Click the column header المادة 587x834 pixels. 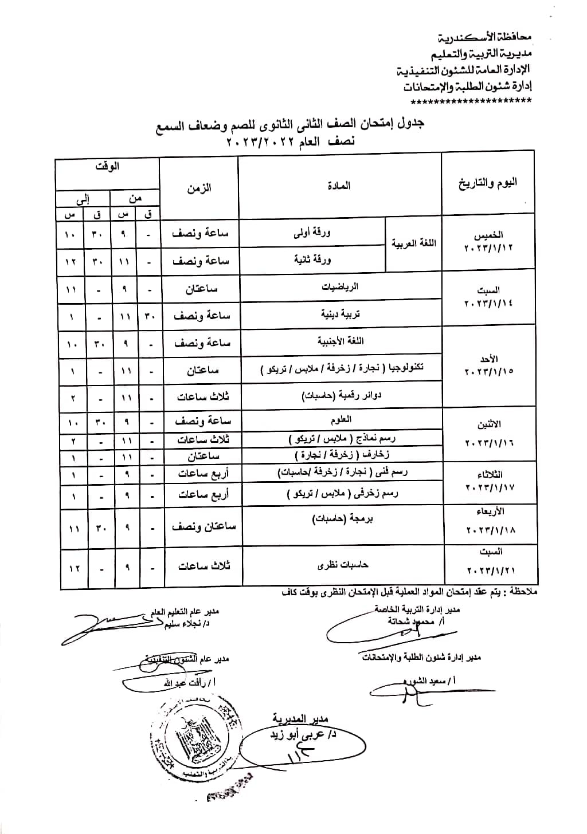[x=339, y=186]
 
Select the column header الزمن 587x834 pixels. [x=199, y=188]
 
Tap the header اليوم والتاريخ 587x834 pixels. [x=488, y=183]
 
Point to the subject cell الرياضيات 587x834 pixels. [x=340, y=287]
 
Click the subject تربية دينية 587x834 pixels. [x=340, y=314]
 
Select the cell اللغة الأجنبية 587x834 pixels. [x=341, y=341]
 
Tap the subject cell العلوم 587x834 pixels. [x=341, y=420]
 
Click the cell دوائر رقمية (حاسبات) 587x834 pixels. [x=341, y=395]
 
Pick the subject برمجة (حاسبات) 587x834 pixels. [x=341, y=519]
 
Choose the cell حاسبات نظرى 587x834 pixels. [x=342, y=565]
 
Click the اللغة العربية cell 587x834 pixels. [x=413, y=243]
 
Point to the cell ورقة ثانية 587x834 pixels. [x=312, y=259]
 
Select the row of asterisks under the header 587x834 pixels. [x=471, y=101]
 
